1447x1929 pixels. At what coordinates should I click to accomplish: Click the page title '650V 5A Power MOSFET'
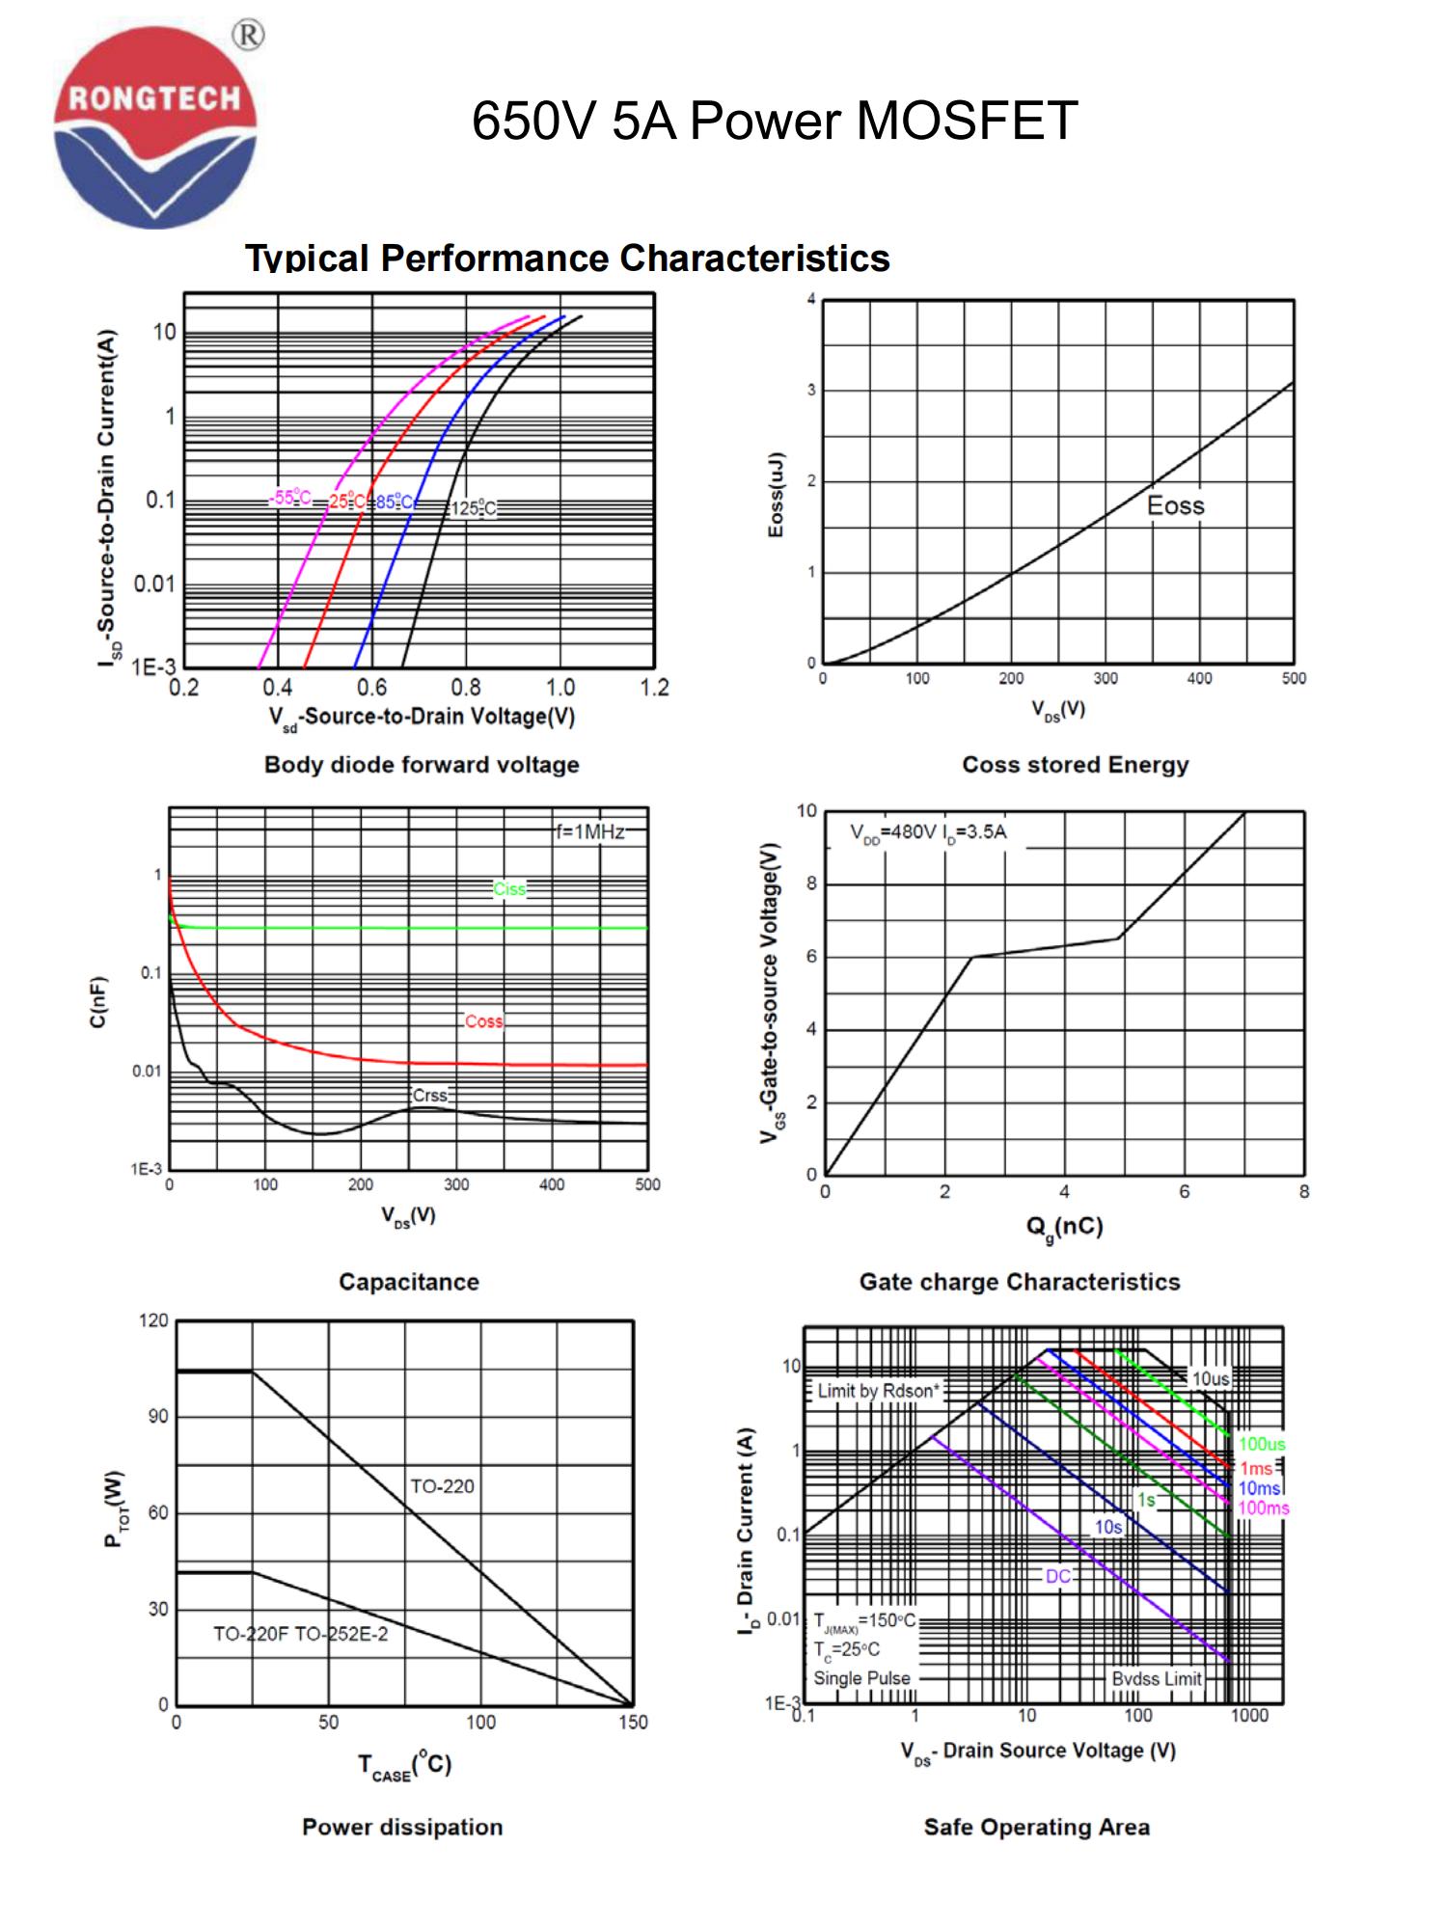pos(774,122)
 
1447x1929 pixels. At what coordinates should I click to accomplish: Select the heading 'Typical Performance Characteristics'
pos(567,258)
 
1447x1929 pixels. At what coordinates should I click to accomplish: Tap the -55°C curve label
pos(290,498)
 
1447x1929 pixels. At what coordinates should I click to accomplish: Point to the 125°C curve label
pos(474,508)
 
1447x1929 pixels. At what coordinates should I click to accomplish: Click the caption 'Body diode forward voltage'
pos(422,765)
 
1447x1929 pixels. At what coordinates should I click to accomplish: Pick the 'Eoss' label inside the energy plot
pos(1175,505)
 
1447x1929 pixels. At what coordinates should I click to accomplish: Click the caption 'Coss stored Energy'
pos(1075,765)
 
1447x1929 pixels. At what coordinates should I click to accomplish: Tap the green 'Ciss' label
pos(509,888)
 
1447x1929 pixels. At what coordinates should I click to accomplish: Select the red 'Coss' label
pos(483,1021)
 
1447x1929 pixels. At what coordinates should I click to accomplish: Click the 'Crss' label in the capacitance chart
pos(429,1096)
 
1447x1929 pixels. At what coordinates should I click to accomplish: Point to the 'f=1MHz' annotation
pos(589,831)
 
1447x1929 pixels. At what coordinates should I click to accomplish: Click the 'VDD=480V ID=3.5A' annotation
pos(928,832)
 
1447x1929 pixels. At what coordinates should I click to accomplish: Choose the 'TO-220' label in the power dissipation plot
pos(442,1486)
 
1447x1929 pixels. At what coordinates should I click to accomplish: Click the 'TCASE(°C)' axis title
pos(404,1765)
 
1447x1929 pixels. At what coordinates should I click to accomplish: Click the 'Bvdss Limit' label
pos(1156,1679)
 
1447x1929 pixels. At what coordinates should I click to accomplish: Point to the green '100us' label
pos(1262,1444)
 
